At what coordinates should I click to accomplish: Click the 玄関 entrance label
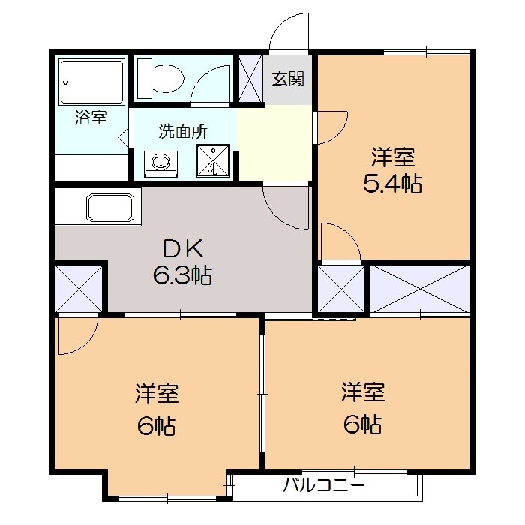288,79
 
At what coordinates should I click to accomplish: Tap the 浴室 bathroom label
91,118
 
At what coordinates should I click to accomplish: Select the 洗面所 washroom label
182,130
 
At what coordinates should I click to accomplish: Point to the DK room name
182,248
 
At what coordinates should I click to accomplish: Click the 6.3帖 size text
182,275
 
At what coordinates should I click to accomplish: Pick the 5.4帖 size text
392,183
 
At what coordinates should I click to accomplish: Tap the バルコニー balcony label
324,485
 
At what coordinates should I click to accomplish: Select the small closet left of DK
79,288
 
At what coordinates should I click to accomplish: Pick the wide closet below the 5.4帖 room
419,287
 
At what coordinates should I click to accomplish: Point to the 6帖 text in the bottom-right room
363,424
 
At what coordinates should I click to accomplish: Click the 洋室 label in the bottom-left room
157,392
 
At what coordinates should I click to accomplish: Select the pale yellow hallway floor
274,142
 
